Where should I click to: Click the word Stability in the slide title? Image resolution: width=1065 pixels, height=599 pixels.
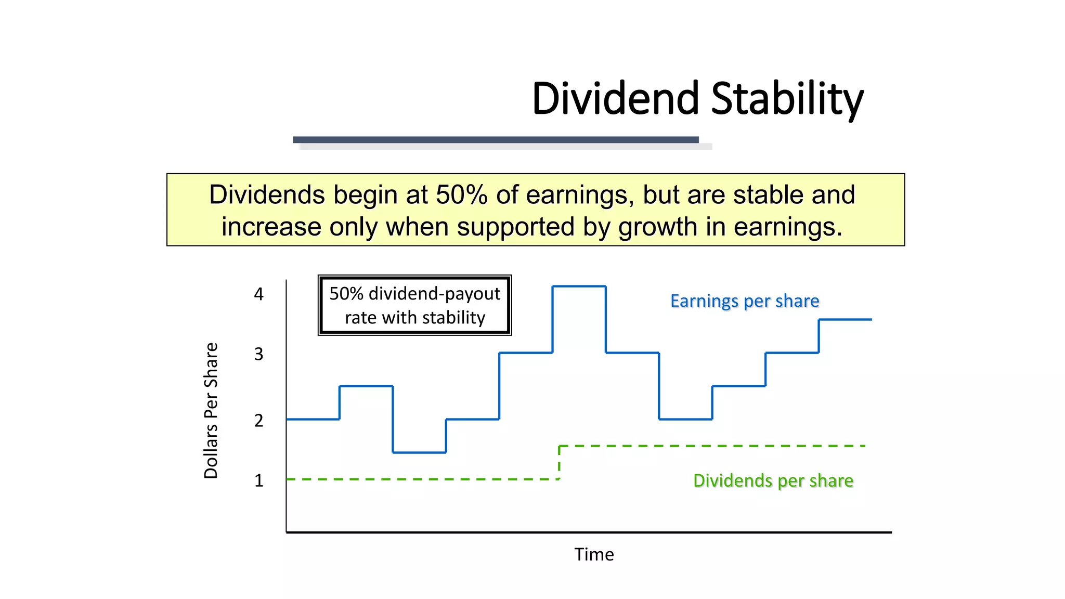tap(787, 99)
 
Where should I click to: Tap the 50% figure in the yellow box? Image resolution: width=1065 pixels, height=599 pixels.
tap(462, 195)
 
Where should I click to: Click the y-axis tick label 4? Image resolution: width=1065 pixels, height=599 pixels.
tap(258, 294)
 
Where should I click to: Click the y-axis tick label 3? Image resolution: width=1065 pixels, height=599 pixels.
tap(258, 354)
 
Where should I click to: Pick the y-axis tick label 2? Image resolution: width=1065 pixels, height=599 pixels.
tap(258, 421)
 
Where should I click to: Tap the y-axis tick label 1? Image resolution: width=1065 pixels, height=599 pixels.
tap(258, 480)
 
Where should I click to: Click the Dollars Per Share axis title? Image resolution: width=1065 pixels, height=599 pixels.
tap(211, 411)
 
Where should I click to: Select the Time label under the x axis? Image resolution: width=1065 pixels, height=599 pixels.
tap(594, 554)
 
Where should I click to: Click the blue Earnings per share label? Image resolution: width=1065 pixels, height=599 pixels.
tap(744, 301)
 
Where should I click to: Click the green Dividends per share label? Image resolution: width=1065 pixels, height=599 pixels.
tap(773, 480)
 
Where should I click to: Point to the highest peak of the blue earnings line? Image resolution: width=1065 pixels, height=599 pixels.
tap(579, 286)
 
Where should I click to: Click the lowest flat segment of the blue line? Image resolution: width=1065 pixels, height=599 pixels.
tap(419, 452)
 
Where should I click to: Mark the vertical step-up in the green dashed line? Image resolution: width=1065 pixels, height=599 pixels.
tap(559, 462)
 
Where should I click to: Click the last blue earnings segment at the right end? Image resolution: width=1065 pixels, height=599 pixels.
tap(845, 319)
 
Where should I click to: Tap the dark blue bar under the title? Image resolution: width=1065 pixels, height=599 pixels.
tap(495, 140)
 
